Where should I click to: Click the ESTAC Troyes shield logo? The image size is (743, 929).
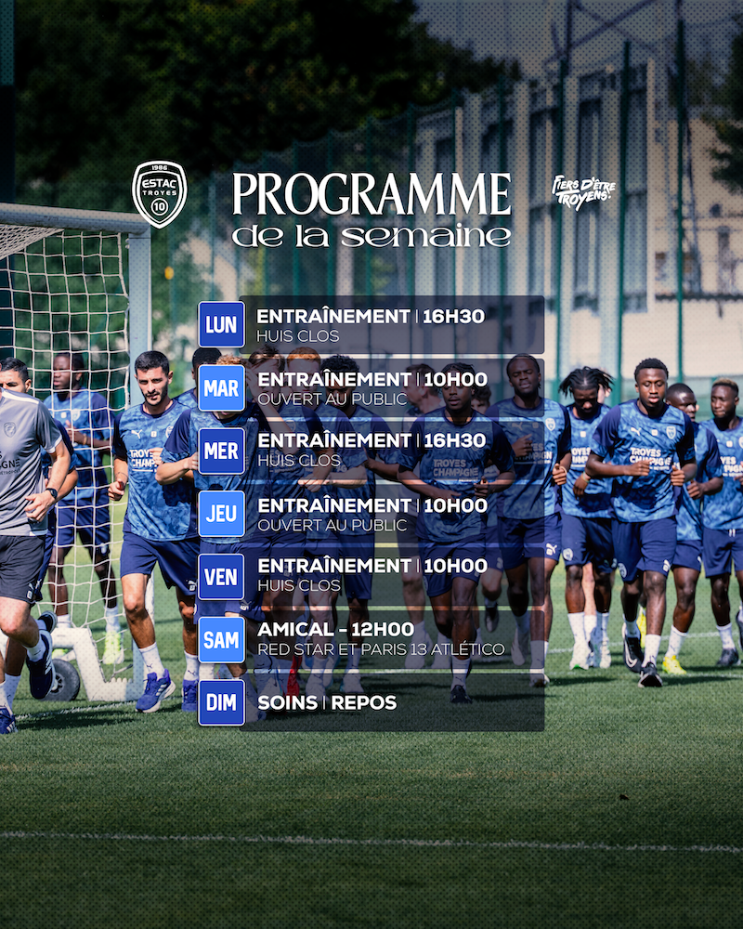click(x=160, y=194)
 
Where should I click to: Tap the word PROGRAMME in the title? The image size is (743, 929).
click(x=371, y=194)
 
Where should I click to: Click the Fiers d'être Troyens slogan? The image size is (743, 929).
click(x=583, y=192)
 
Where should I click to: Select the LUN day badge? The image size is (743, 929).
click(x=222, y=324)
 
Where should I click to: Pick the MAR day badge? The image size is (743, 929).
click(x=222, y=388)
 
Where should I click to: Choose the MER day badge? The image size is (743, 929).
click(x=222, y=451)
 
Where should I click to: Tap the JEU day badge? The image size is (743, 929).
click(x=222, y=514)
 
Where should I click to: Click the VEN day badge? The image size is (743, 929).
click(x=222, y=577)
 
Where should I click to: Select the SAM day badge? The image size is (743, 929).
click(x=222, y=640)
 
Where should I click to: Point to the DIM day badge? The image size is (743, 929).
click(x=222, y=702)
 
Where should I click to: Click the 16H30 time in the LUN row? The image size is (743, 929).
click(x=453, y=317)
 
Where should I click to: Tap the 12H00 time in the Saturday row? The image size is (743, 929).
click(x=382, y=629)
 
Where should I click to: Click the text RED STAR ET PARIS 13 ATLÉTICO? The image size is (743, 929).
click(x=381, y=649)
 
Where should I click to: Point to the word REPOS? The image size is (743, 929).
click(x=364, y=702)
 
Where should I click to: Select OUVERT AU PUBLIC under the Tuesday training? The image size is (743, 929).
click(x=332, y=399)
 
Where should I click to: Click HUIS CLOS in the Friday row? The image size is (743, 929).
click(x=299, y=586)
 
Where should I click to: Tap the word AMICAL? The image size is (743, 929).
click(x=295, y=629)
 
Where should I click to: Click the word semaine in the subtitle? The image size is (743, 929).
click(x=425, y=236)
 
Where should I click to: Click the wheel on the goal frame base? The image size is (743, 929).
click(x=63, y=680)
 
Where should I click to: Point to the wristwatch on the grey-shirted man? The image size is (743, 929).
click(x=52, y=493)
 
